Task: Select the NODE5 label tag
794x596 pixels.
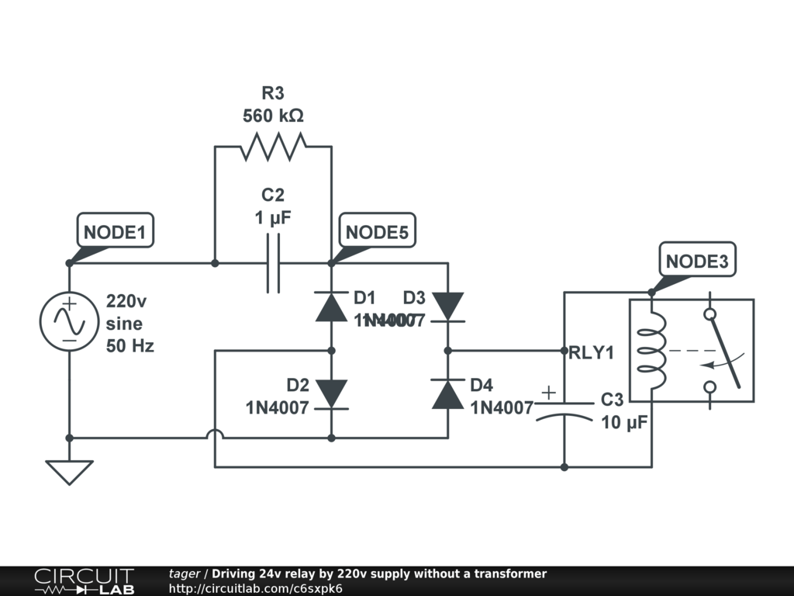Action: pyautogui.click(x=376, y=232)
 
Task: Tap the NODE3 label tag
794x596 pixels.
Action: pyautogui.click(x=697, y=262)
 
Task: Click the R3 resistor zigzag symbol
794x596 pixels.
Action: pyautogui.click(x=273, y=146)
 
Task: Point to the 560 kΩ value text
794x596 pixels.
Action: pyautogui.click(x=273, y=116)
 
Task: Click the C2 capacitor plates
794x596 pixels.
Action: pyautogui.click(x=273, y=264)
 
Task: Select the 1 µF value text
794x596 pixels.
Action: pyautogui.click(x=273, y=219)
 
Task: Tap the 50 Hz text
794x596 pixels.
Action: pyautogui.click(x=130, y=346)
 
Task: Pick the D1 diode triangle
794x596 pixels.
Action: pyautogui.click(x=331, y=307)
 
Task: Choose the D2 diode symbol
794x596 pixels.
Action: pyautogui.click(x=331, y=394)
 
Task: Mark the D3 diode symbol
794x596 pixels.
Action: pyautogui.click(x=447, y=307)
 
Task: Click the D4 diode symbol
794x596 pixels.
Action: pyautogui.click(x=447, y=394)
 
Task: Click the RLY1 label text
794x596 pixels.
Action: pyautogui.click(x=592, y=353)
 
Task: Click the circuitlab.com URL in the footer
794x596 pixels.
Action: pyautogui.click(x=256, y=588)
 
